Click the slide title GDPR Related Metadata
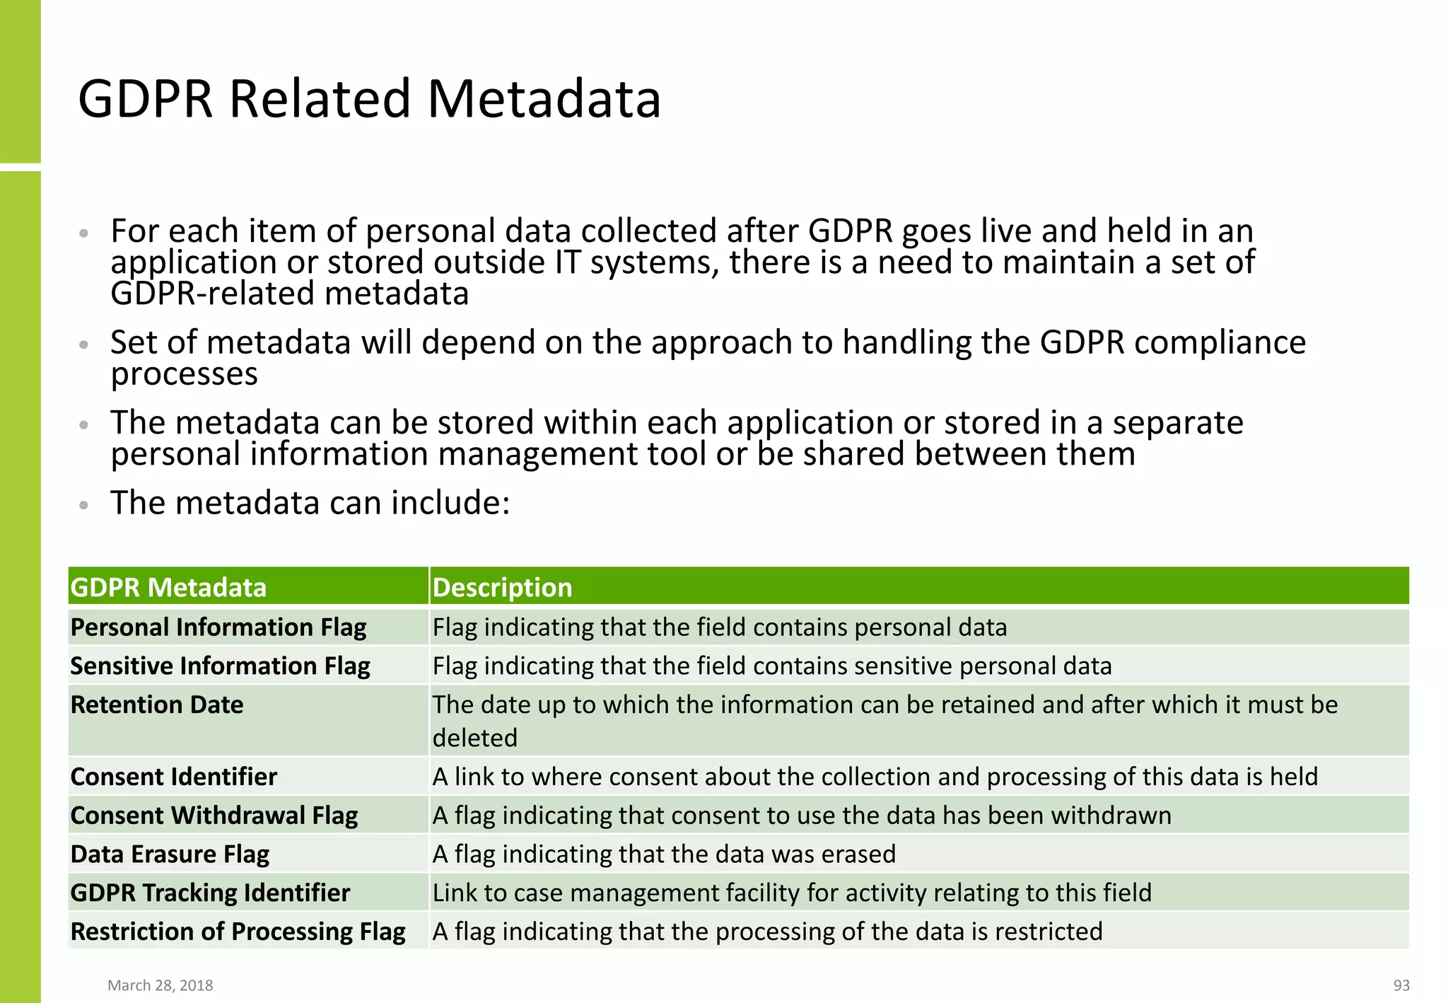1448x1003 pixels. pyautogui.click(x=369, y=98)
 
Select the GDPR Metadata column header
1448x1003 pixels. pyautogui.click(x=168, y=587)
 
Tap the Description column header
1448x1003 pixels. pyautogui.click(x=502, y=587)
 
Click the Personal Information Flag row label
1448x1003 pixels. pyautogui.click(x=218, y=627)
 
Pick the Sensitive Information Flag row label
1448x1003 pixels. pyautogui.click(x=220, y=666)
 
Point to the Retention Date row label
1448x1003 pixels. pyautogui.click(x=157, y=705)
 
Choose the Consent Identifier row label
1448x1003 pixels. pyautogui.click(x=174, y=777)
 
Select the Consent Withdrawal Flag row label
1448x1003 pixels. pyautogui.click(x=214, y=816)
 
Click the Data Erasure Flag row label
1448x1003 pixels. pyautogui.click(x=170, y=854)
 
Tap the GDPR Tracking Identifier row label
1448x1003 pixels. pyautogui.click(x=210, y=893)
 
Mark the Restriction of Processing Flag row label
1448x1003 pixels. pyautogui.click(x=238, y=932)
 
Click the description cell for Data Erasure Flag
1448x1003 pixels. pyautogui.click(x=664, y=854)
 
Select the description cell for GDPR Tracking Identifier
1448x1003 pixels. pyautogui.click(x=792, y=893)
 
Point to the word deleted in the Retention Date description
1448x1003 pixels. pyautogui.click(x=475, y=738)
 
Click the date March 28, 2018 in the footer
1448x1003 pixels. pyautogui.click(x=160, y=985)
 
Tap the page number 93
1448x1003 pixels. pyautogui.click(x=1401, y=985)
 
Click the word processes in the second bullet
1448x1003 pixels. pyautogui.click(x=185, y=374)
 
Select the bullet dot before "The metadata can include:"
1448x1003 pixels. pyautogui.click(x=84, y=505)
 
